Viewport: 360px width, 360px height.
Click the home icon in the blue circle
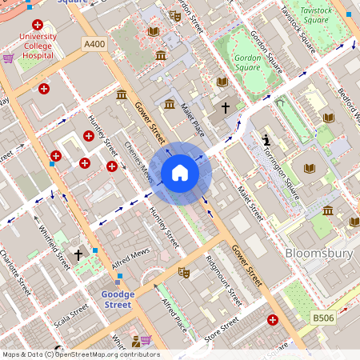pyautogui.click(x=180, y=173)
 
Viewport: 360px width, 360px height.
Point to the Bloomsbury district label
pyautogui.click(x=319, y=254)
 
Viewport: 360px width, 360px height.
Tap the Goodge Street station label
pyautogui.click(x=118, y=299)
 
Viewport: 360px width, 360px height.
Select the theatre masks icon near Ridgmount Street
pyautogui.click(x=183, y=272)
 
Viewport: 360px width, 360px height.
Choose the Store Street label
pyautogui.click(x=222, y=331)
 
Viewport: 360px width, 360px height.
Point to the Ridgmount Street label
pyautogui.click(x=223, y=281)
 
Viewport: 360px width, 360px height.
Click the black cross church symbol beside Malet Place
pyautogui.click(x=226, y=106)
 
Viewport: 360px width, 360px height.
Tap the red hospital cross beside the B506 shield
pyautogui.click(x=272, y=320)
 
